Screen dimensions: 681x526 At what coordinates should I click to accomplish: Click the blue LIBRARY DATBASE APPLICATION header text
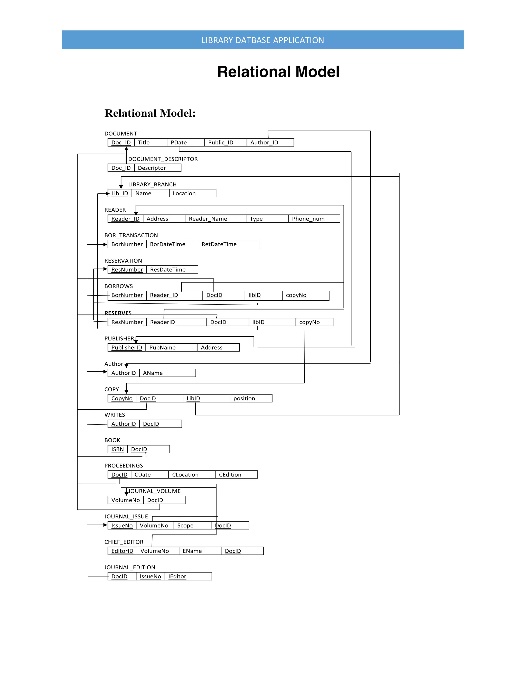point(263,40)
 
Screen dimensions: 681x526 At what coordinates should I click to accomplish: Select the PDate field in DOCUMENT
point(179,143)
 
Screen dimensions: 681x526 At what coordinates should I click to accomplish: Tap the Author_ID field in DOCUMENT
point(264,143)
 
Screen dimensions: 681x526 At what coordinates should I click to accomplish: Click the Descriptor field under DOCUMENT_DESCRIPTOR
point(152,168)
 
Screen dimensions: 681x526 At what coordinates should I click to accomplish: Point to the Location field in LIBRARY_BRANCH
point(184,193)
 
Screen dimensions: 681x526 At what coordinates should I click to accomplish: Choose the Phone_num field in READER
point(308,219)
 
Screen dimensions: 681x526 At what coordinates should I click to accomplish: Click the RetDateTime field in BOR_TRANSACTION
point(219,244)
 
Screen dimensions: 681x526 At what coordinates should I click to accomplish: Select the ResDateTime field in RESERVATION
point(168,270)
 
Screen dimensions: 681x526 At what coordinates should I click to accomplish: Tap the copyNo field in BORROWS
point(296,295)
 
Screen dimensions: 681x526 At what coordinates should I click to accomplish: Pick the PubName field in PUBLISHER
point(162,348)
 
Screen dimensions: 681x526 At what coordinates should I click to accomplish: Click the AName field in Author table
point(153,373)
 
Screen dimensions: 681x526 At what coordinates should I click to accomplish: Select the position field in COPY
point(244,399)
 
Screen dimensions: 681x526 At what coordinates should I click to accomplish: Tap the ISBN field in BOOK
point(117,449)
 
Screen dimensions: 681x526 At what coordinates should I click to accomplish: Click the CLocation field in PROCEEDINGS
point(185,475)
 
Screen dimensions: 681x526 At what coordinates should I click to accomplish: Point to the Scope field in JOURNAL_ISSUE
point(185,526)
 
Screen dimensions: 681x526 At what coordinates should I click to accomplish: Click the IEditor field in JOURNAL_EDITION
point(177,577)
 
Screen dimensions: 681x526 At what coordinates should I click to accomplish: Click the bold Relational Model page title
point(278,72)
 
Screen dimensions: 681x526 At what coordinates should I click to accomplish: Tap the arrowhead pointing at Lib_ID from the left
point(108,194)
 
